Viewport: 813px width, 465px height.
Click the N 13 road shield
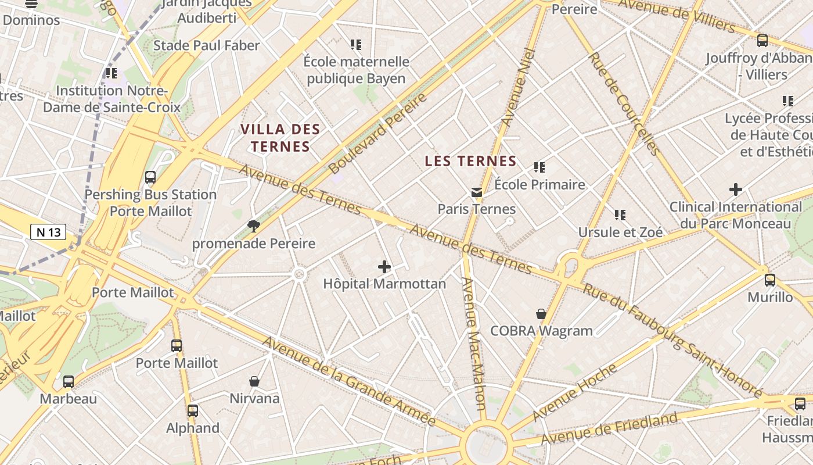click(48, 233)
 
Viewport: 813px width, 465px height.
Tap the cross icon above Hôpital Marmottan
click(384, 267)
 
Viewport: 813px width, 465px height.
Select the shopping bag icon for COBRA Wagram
click(541, 314)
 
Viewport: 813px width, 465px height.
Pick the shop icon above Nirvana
click(254, 381)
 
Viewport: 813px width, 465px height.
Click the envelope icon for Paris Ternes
click(477, 192)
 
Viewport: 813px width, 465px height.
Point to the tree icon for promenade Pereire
click(253, 226)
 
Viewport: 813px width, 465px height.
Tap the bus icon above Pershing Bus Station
click(150, 177)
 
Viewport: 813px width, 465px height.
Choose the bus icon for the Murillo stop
click(770, 280)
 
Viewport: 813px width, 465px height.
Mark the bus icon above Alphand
click(193, 411)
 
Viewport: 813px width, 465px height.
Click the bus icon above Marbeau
click(69, 382)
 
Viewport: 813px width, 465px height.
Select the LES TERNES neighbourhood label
click(470, 161)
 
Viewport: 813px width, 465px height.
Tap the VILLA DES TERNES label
click(280, 137)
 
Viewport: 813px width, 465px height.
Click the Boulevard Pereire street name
click(377, 133)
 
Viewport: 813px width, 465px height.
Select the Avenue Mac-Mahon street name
click(473, 343)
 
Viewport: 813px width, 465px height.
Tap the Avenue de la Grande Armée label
click(348, 381)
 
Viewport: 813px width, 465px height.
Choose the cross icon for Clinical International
click(736, 189)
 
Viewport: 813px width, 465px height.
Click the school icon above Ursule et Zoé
click(620, 215)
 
